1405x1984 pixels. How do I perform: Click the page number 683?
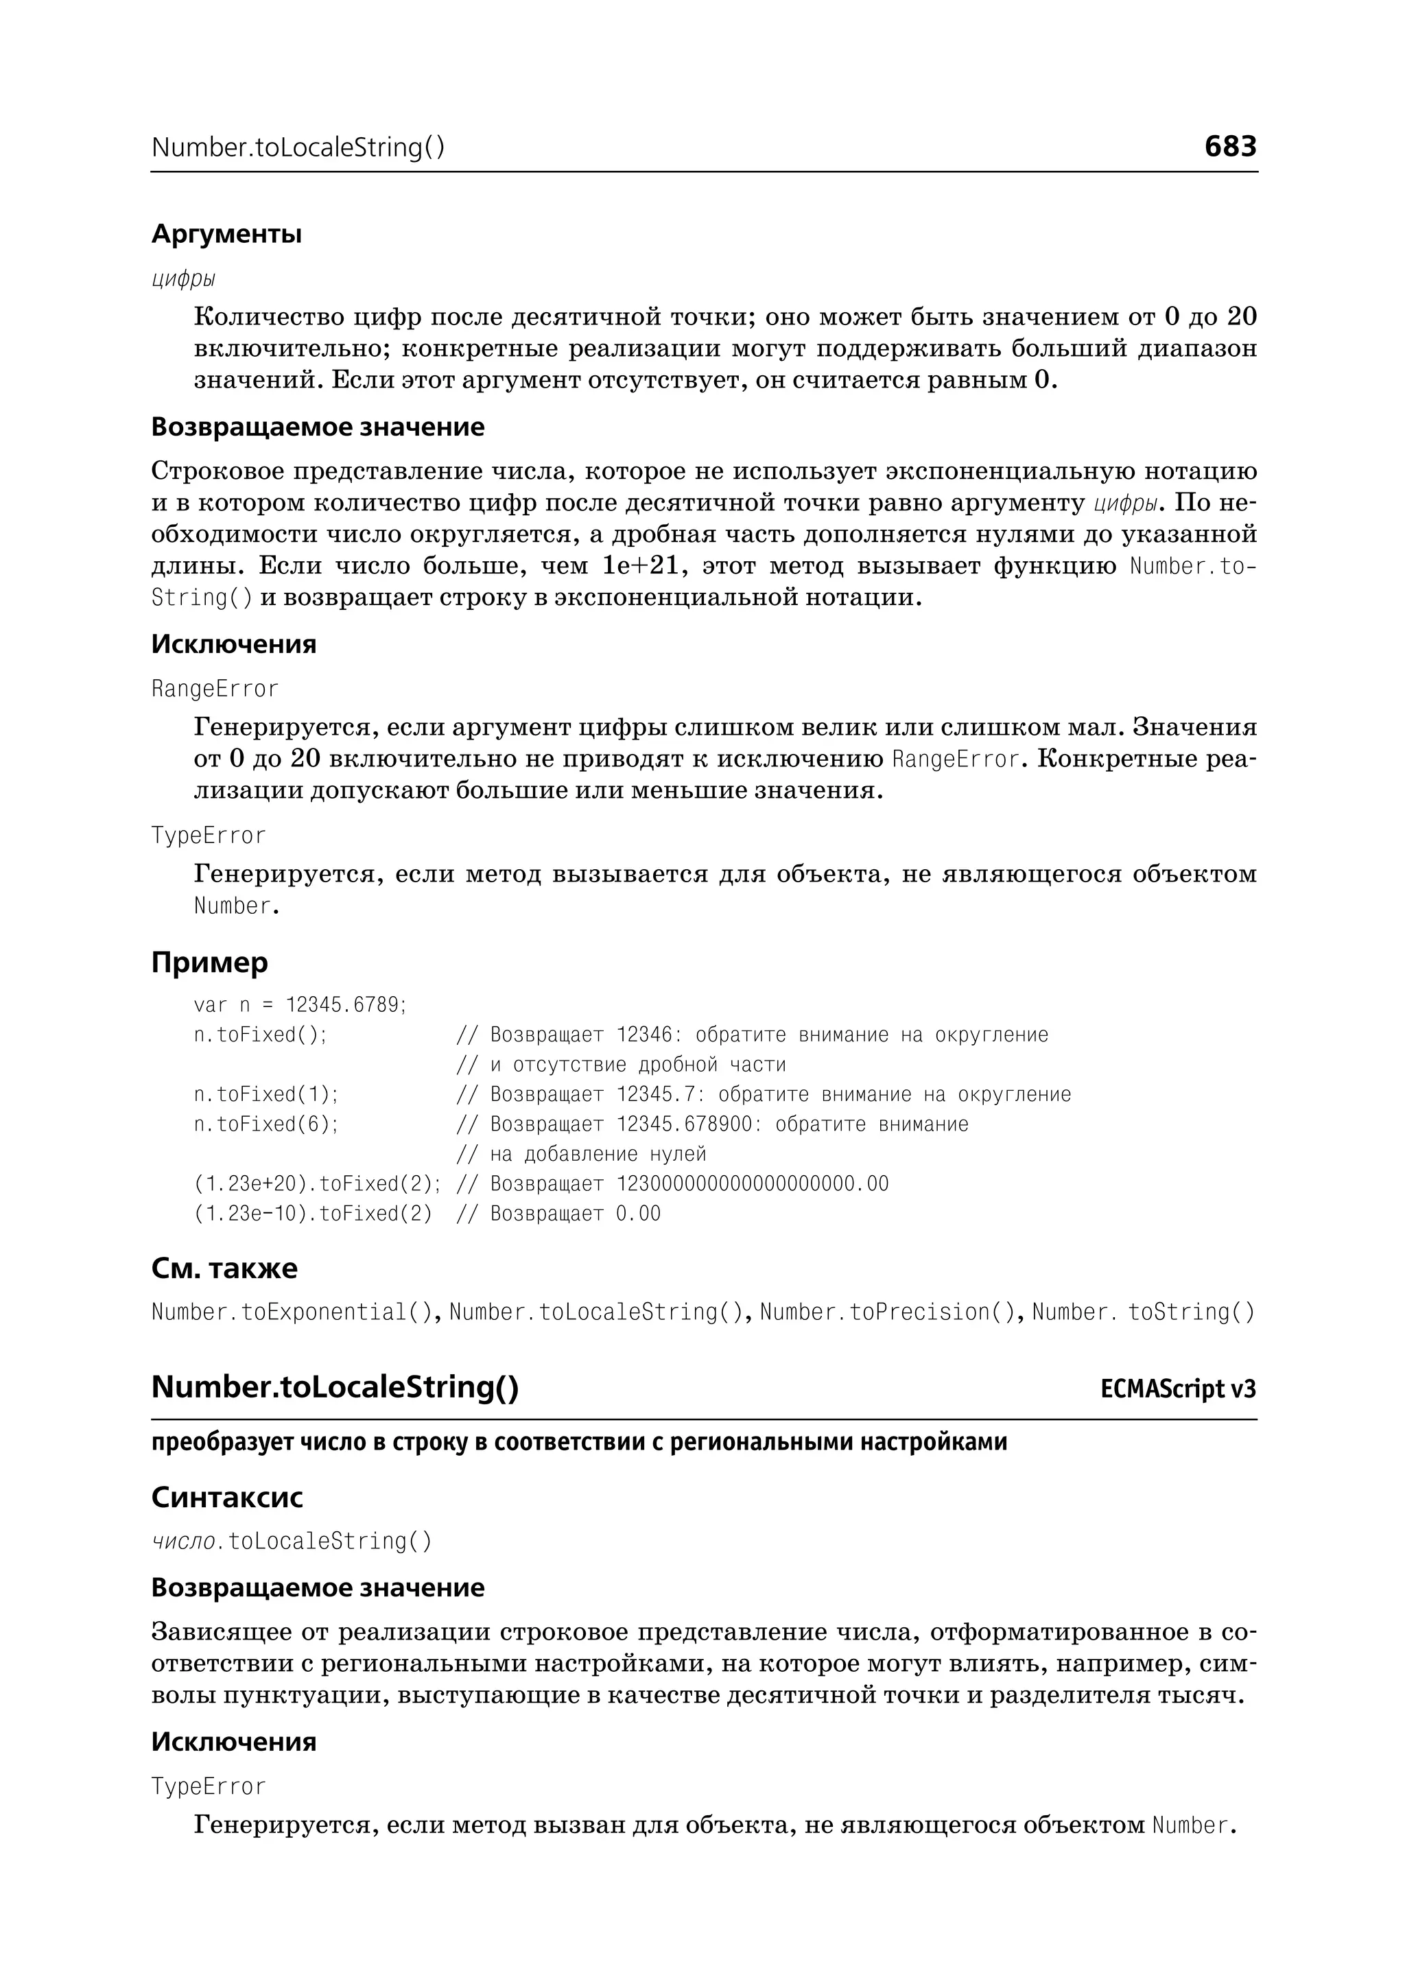(x=1229, y=146)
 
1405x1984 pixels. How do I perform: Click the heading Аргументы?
(x=226, y=234)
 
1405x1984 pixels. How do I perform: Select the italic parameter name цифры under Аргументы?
(x=182, y=279)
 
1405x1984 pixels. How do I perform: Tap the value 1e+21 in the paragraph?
(x=639, y=566)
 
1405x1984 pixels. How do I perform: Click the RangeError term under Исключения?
(x=215, y=689)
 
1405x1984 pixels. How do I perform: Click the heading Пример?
(x=209, y=962)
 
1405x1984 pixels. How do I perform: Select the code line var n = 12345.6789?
(x=299, y=1004)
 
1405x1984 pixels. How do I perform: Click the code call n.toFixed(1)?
(x=265, y=1094)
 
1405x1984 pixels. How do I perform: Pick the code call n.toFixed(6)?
(x=265, y=1124)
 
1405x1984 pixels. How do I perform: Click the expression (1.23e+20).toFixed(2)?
(x=317, y=1183)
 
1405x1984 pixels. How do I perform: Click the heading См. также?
(x=224, y=1268)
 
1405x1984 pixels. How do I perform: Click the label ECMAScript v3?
(x=1177, y=1390)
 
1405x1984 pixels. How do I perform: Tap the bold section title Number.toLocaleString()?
(x=335, y=1387)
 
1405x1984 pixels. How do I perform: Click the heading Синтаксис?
(x=226, y=1497)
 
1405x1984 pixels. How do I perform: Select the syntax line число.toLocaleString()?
(x=291, y=1541)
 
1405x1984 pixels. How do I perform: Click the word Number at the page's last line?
(x=1190, y=1826)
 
